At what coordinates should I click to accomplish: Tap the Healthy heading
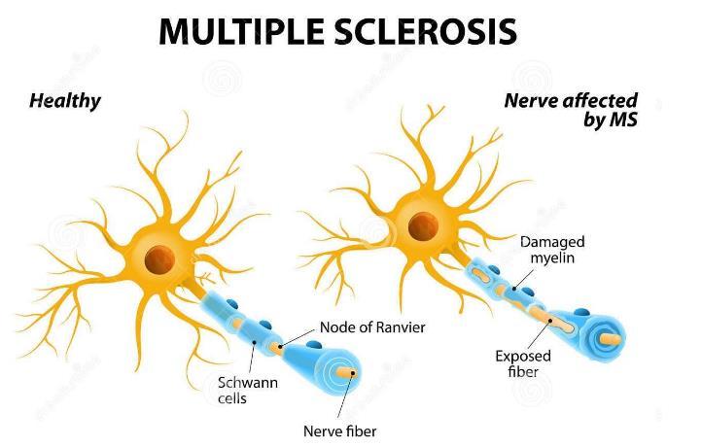coord(65,100)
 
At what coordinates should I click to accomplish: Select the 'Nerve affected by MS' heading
coord(570,109)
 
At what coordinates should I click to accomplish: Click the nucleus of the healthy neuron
coord(160,258)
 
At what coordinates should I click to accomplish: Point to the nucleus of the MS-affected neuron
coord(422,227)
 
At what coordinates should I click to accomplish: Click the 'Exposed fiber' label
coord(522,362)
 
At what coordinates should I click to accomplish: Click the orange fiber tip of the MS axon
coord(611,340)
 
